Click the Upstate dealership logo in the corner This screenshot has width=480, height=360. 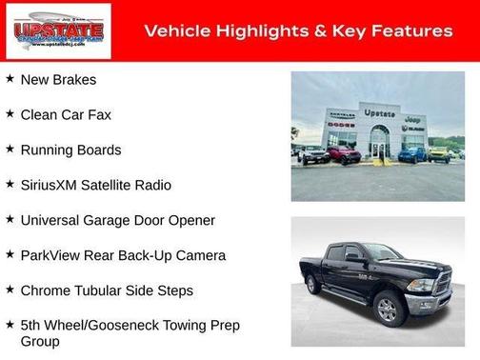coord(58,30)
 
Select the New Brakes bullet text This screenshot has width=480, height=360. coord(58,79)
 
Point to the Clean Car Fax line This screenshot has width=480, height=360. coord(66,114)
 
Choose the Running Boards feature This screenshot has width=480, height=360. coord(70,150)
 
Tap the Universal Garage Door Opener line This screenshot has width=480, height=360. coord(117,220)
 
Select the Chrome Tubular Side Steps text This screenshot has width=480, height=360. coord(107,290)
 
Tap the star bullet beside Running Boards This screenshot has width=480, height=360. coord(9,149)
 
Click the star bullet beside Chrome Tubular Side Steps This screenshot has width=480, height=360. coord(9,290)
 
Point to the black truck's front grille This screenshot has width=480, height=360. coord(442,283)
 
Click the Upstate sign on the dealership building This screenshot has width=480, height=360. coord(379,113)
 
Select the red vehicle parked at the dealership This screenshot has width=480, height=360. coord(344,154)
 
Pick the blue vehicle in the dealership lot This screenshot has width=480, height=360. coord(412,153)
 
